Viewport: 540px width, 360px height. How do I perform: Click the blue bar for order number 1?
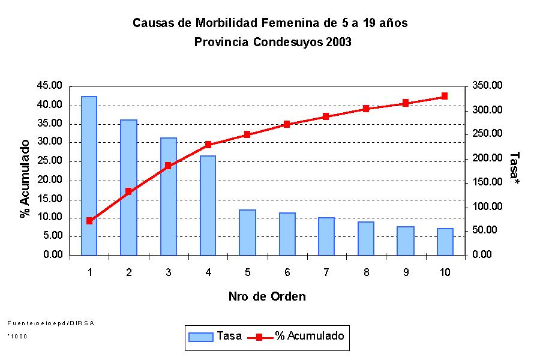(x=89, y=176)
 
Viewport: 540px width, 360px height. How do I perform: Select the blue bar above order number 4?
(x=208, y=205)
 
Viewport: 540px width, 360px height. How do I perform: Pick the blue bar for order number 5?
(x=247, y=232)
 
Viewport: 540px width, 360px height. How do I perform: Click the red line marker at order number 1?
(x=89, y=221)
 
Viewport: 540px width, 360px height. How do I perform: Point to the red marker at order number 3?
(x=168, y=166)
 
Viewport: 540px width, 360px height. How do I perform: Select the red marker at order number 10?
(x=445, y=96)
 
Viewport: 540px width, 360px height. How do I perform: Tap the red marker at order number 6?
(x=287, y=124)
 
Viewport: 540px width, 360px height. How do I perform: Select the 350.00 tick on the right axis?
(x=486, y=86)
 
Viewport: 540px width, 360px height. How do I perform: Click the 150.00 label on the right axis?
(x=486, y=182)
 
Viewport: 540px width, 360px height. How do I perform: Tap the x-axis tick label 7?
(x=326, y=272)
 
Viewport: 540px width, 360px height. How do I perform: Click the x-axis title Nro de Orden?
(x=267, y=296)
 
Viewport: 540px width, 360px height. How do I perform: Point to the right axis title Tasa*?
(x=514, y=167)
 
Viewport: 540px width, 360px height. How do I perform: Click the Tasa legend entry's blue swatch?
(x=201, y=337)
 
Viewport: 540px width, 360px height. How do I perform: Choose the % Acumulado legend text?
(x=310, y=336)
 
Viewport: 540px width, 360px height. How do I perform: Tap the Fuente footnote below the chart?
(x=50, y=323)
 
